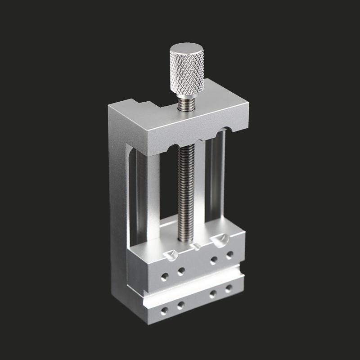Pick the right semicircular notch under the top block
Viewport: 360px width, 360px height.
tap(220, 133)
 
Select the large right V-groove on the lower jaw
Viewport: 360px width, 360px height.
tap(220, 241)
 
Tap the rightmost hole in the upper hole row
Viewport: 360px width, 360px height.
tap(229, 256)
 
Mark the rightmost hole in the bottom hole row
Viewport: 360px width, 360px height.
tap(229, 288)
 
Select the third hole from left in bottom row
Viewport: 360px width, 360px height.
tap(213, 293)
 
